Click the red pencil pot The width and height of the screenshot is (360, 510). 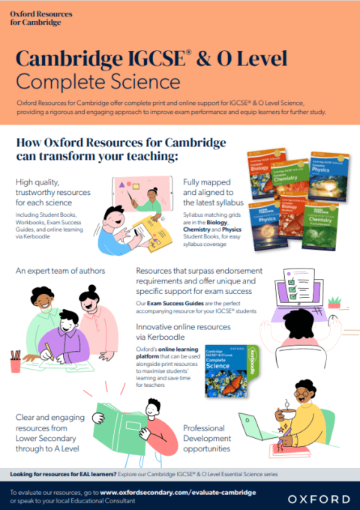coord(16,362)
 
